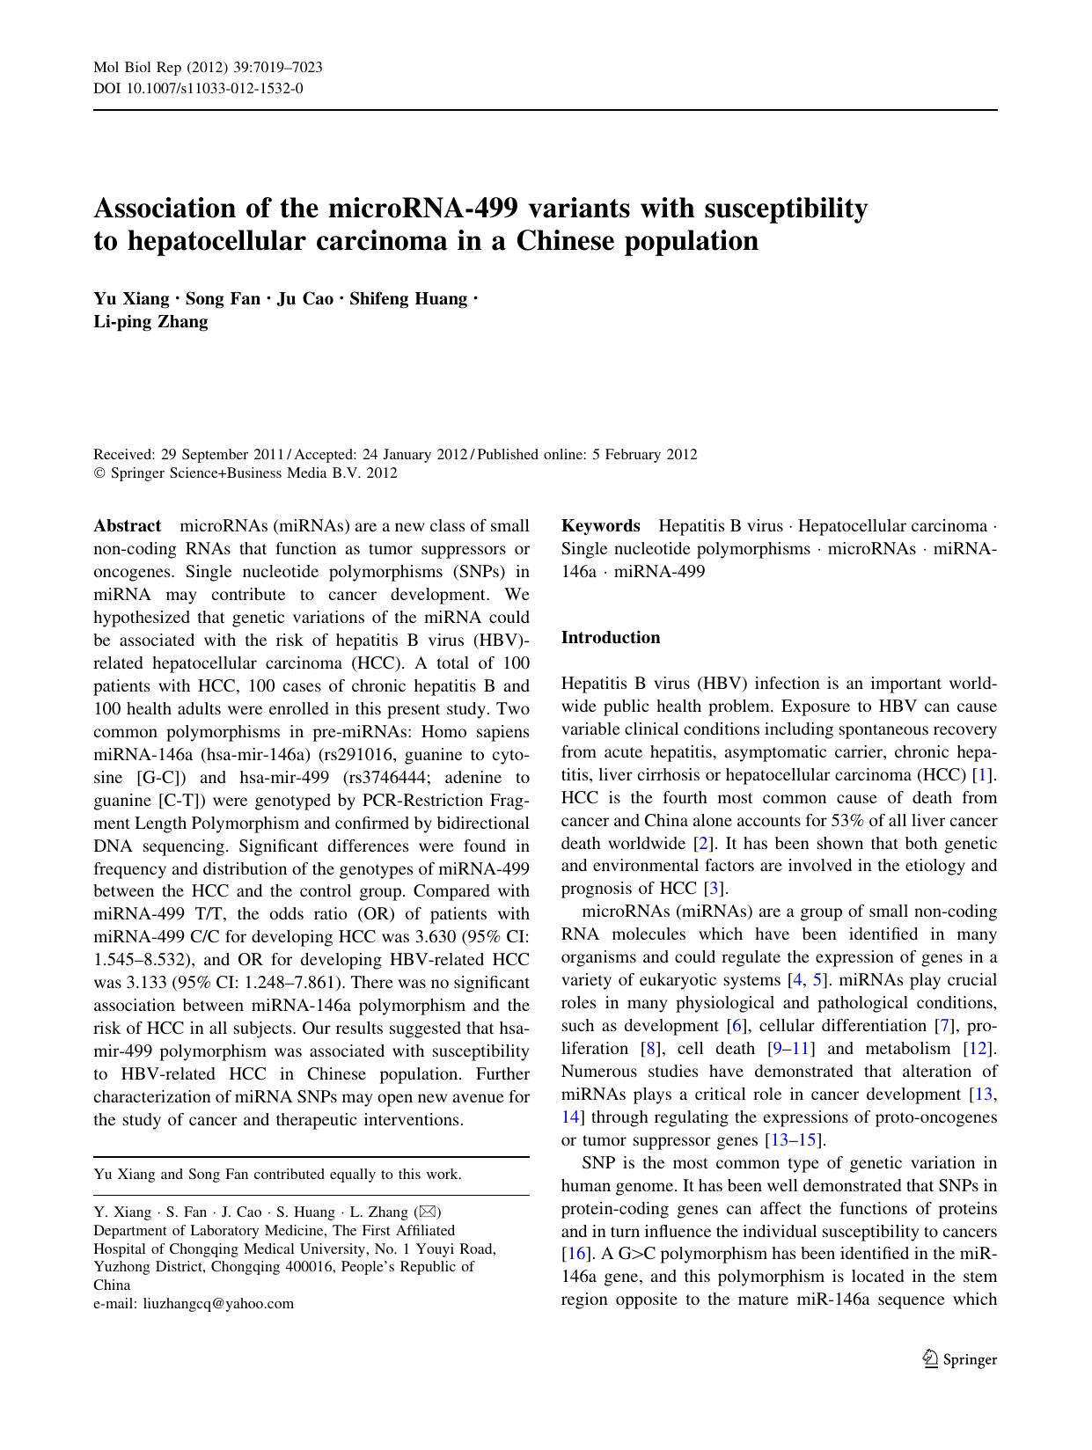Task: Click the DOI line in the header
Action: coord(199,88)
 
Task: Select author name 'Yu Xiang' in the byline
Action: coord(131,299)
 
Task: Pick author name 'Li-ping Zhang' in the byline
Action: coord(150,322)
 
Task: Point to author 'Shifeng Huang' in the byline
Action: coord(408,299)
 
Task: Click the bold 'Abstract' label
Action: coord(127,526)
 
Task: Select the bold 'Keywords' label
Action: coord(600,526)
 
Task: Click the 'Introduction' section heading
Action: coord(610,638)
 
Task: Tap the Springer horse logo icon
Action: coord(930,1359)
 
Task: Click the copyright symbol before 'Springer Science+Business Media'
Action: coord(99,473)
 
